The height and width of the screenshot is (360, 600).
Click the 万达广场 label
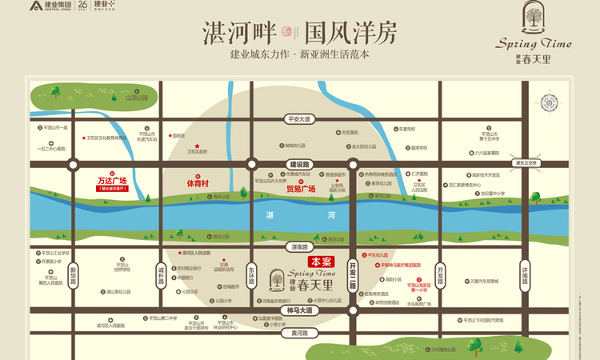pyautogui.click(x=112, y=182)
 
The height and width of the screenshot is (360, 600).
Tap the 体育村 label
pyautogui.click(x=198, y=183)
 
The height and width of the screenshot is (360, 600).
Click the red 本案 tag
pyautogui.click(x=321, y=261)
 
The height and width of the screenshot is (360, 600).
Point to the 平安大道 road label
pyautogui.click(x=298, y=118)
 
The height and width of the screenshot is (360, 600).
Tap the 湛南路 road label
pyautogui.click(x=299, y=246)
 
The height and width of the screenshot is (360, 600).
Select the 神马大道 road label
pyautogui.click(x=299, y=309)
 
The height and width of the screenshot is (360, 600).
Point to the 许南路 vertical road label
pyautogui.click(x=525, y=274)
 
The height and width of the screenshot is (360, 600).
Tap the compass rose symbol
pyautogui.click(x=550, y=103)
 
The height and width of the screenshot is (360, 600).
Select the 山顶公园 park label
pyautogui.click(x=137, y=98)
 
